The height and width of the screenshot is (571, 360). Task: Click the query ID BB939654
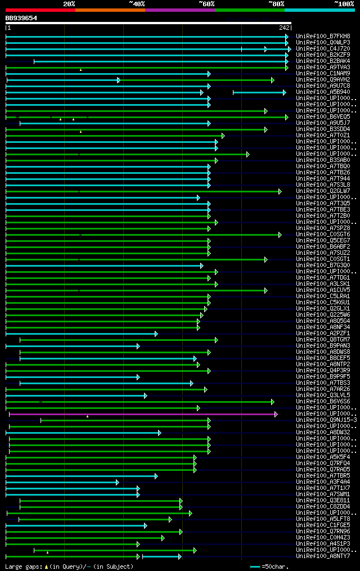(21, 18)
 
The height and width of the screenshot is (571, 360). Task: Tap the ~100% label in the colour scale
(344, 3)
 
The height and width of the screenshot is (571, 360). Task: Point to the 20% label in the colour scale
(69, 3)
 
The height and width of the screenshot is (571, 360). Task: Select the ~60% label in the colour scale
(206, 3)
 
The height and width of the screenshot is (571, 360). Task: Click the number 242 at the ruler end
(284, 28)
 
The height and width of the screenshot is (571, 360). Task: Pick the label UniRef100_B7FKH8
(323, 36)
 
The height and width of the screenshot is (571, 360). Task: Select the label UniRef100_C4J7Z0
(323, 48)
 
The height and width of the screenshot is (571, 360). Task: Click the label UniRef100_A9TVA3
(323, 67)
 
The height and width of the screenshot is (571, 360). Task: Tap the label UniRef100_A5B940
(323, 92)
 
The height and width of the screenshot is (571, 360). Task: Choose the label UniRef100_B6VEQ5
(323, 116)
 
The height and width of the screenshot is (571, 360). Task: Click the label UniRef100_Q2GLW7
(323, 191)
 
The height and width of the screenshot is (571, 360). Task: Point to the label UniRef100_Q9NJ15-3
(326, 420)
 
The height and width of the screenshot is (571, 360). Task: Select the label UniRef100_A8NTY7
(323, 556)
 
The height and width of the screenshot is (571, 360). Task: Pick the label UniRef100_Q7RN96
(323, 531)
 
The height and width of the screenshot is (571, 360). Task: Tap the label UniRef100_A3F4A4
(323, 482)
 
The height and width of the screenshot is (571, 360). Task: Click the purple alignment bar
(141, 414)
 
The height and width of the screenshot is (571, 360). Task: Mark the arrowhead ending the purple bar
(276, 414)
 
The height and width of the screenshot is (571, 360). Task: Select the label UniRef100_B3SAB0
(323, 160)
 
